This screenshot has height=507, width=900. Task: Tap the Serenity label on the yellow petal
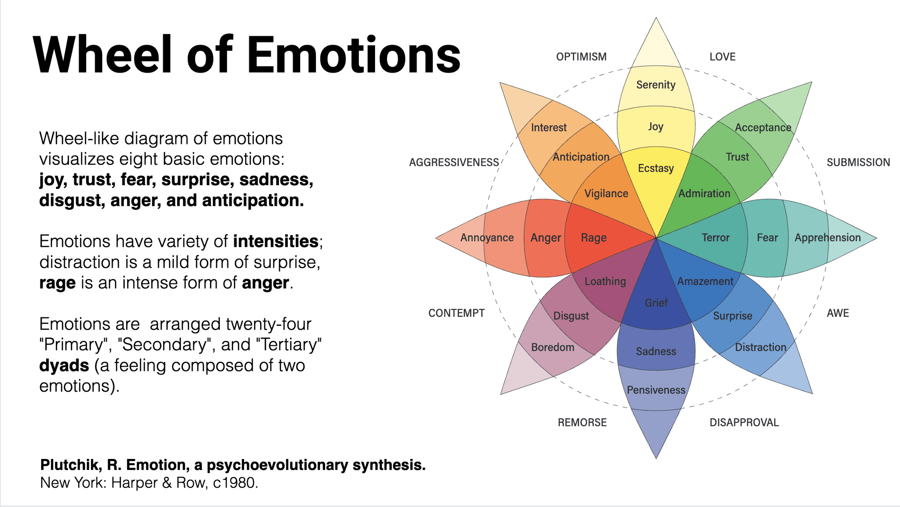click(656, 84)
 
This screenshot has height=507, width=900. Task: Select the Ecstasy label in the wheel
click(656, 168)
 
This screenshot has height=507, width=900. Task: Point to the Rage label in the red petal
click(593, 238)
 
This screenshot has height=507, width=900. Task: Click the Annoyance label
click(487, 238)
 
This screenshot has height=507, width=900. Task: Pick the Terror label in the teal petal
click(715, 238)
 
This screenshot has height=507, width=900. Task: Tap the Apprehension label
click(827, 238)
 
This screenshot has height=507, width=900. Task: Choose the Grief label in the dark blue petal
click(656, 303)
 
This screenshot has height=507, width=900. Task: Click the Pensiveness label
click(656, 390)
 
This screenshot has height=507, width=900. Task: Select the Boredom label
click(553, 347)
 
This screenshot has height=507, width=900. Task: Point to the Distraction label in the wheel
click(761, 347)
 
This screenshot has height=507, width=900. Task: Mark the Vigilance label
click(606, 194)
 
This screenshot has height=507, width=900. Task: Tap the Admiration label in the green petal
click(704, 194)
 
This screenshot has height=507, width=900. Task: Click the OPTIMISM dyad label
click(581, 57)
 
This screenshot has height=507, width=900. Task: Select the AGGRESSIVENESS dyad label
click(454, 162)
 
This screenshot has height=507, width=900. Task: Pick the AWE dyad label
click(838, 313)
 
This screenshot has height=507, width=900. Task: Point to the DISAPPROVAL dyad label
click(744, 422)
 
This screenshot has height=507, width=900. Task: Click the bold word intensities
click(276, 242)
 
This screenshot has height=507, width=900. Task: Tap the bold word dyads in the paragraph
click(64, 365)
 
